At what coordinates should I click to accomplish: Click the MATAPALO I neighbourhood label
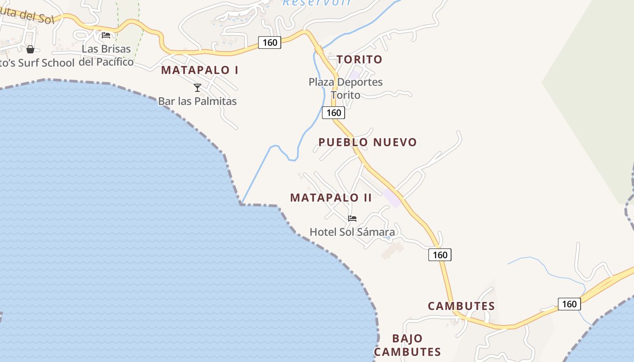[x=200, y=70]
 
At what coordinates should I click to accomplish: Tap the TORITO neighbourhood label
[x=360, y=59]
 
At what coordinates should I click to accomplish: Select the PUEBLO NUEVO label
[x=367, y=142]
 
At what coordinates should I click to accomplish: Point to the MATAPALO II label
[x=331, y=198]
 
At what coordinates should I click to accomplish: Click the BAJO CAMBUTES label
[x=407, y=345]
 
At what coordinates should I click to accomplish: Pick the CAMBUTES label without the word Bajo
[x=461, y=306]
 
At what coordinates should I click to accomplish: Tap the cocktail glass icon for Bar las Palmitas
[x=197, y=88]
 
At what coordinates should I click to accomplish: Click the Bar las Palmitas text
[x=197, y=101]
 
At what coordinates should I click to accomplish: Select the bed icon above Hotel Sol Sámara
[x=352, y=219]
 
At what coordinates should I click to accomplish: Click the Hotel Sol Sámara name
[x=352, y=232]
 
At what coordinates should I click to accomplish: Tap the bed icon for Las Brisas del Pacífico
[x=106, y=35]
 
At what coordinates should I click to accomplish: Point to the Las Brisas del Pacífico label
[x=106, y=55]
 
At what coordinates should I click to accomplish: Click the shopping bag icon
[x=30, y=49]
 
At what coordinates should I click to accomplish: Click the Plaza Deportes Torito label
[x=346, y=88]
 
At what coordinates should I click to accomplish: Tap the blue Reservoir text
[x=317, y=3]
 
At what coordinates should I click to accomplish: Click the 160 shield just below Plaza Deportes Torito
[x=333, y=113]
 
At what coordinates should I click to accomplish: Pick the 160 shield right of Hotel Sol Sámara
[x=440, y=255]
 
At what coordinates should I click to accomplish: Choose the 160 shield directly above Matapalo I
[x=269, y=43]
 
